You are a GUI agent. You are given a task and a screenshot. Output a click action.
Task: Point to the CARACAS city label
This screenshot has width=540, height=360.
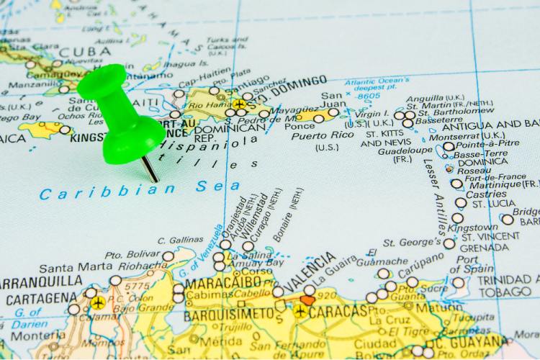pos(338,312)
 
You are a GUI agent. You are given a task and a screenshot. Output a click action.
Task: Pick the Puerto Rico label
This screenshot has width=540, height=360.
pos(324,135)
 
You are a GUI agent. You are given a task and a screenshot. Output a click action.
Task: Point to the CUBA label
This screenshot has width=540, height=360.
pos(85,52)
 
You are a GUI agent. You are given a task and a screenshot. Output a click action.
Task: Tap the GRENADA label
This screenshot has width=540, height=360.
pos(484,248)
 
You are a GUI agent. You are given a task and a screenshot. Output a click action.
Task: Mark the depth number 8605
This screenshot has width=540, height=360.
pos(369,96)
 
